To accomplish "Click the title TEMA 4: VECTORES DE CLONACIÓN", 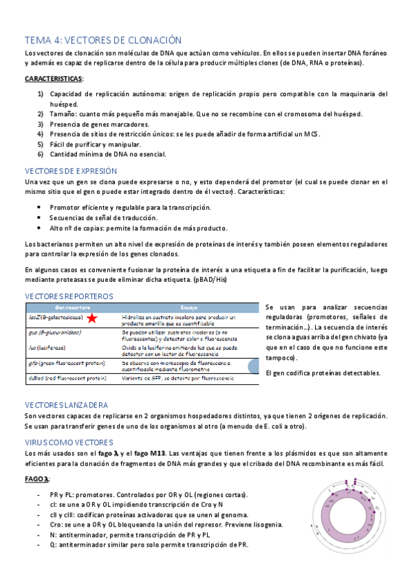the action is tap(103, 41).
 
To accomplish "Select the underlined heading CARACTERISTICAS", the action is tap(53, 79).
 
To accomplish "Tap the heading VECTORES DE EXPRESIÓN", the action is tap(71, 170).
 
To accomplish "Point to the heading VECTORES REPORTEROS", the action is tap(69, 296).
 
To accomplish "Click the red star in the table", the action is tap(91, 318).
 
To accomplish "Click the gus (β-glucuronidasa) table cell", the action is tap(55, 333).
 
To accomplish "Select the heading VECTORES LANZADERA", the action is tap(66, 405).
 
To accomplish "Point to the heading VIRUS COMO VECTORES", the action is tap(69, 441).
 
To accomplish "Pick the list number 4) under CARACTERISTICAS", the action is tap(41, 134).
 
